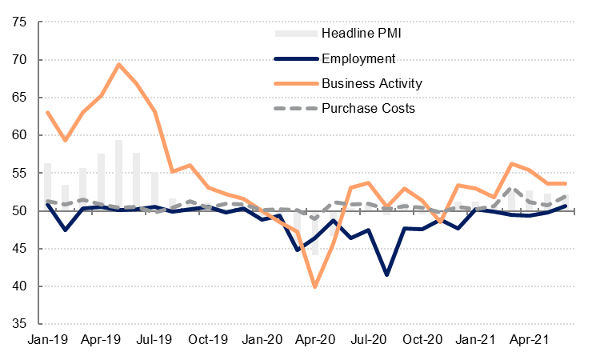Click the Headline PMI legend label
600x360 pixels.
click(x=361, y=34)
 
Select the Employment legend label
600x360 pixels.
click(x=358, y=58)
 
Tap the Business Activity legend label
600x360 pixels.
click(x=372, y=83)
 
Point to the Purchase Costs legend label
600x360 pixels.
click(x=368, y=108)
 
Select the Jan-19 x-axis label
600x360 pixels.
click(x=47, y=338)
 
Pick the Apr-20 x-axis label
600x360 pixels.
click(x=315, y=338)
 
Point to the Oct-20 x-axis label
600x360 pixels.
click(x=422, y=338)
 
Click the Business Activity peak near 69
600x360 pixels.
click(x=119, y=65)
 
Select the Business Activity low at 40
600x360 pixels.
click(x=315, y=286)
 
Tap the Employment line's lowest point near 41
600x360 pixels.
click(x=387, y=274)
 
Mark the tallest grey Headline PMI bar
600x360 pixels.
click(x=119, y=174)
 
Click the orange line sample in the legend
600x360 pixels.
click(x=294, y=83)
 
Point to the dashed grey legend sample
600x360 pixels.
click(x=294, y=108)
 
